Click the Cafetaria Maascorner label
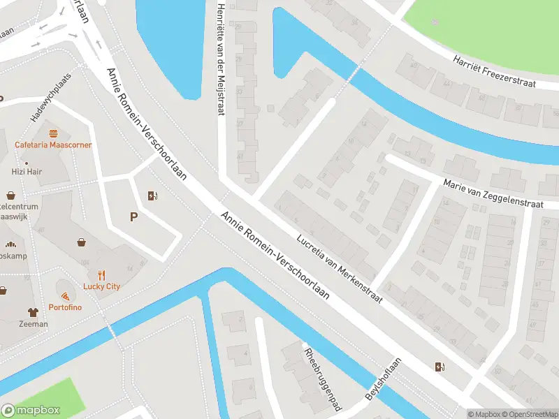click(x=53, y=145)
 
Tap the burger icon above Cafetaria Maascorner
click(x=53, y=133)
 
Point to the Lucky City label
click(x=101, y=286)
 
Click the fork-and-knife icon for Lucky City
click(x=101, y=274)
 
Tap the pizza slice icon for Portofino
click(x=66, y=296)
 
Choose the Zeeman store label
click(x=34, y=324)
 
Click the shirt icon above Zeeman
click(x=33, y=312)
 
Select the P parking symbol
click(x=133, y=217)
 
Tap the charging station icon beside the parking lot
click(x=152, y=196)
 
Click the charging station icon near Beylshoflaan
click(x=439, y=367)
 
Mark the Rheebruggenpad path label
click(x=323, y=378)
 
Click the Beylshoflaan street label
click(x=384, y=379)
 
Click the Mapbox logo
click(x=31, y=411)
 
